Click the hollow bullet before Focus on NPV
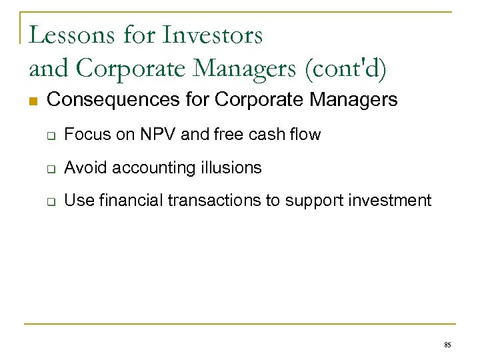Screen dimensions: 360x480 49,135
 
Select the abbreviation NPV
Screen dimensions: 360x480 160,135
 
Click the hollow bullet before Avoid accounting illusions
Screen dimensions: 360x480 49,168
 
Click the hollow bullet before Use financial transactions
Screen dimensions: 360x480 49,201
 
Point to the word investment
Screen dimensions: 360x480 395,201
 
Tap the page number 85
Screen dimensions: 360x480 447,345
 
